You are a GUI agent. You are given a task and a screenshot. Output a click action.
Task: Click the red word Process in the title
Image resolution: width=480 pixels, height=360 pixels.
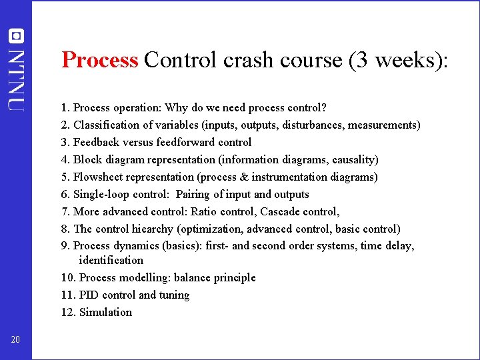[99, 60]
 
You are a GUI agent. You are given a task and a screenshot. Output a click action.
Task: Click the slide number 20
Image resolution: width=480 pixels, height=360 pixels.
[15, 340]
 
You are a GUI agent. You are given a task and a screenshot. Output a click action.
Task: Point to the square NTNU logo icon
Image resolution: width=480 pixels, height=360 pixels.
[15, 36]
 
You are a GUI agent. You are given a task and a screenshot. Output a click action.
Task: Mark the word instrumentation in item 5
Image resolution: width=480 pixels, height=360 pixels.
[297, 177]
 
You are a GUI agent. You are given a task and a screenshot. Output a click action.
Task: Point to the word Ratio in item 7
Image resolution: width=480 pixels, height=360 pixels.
[204, 211]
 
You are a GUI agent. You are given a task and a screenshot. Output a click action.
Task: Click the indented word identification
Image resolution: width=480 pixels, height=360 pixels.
[111, 260]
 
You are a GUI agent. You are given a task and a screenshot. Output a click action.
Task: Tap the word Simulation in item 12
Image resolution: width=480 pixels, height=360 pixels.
[105, 312]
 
